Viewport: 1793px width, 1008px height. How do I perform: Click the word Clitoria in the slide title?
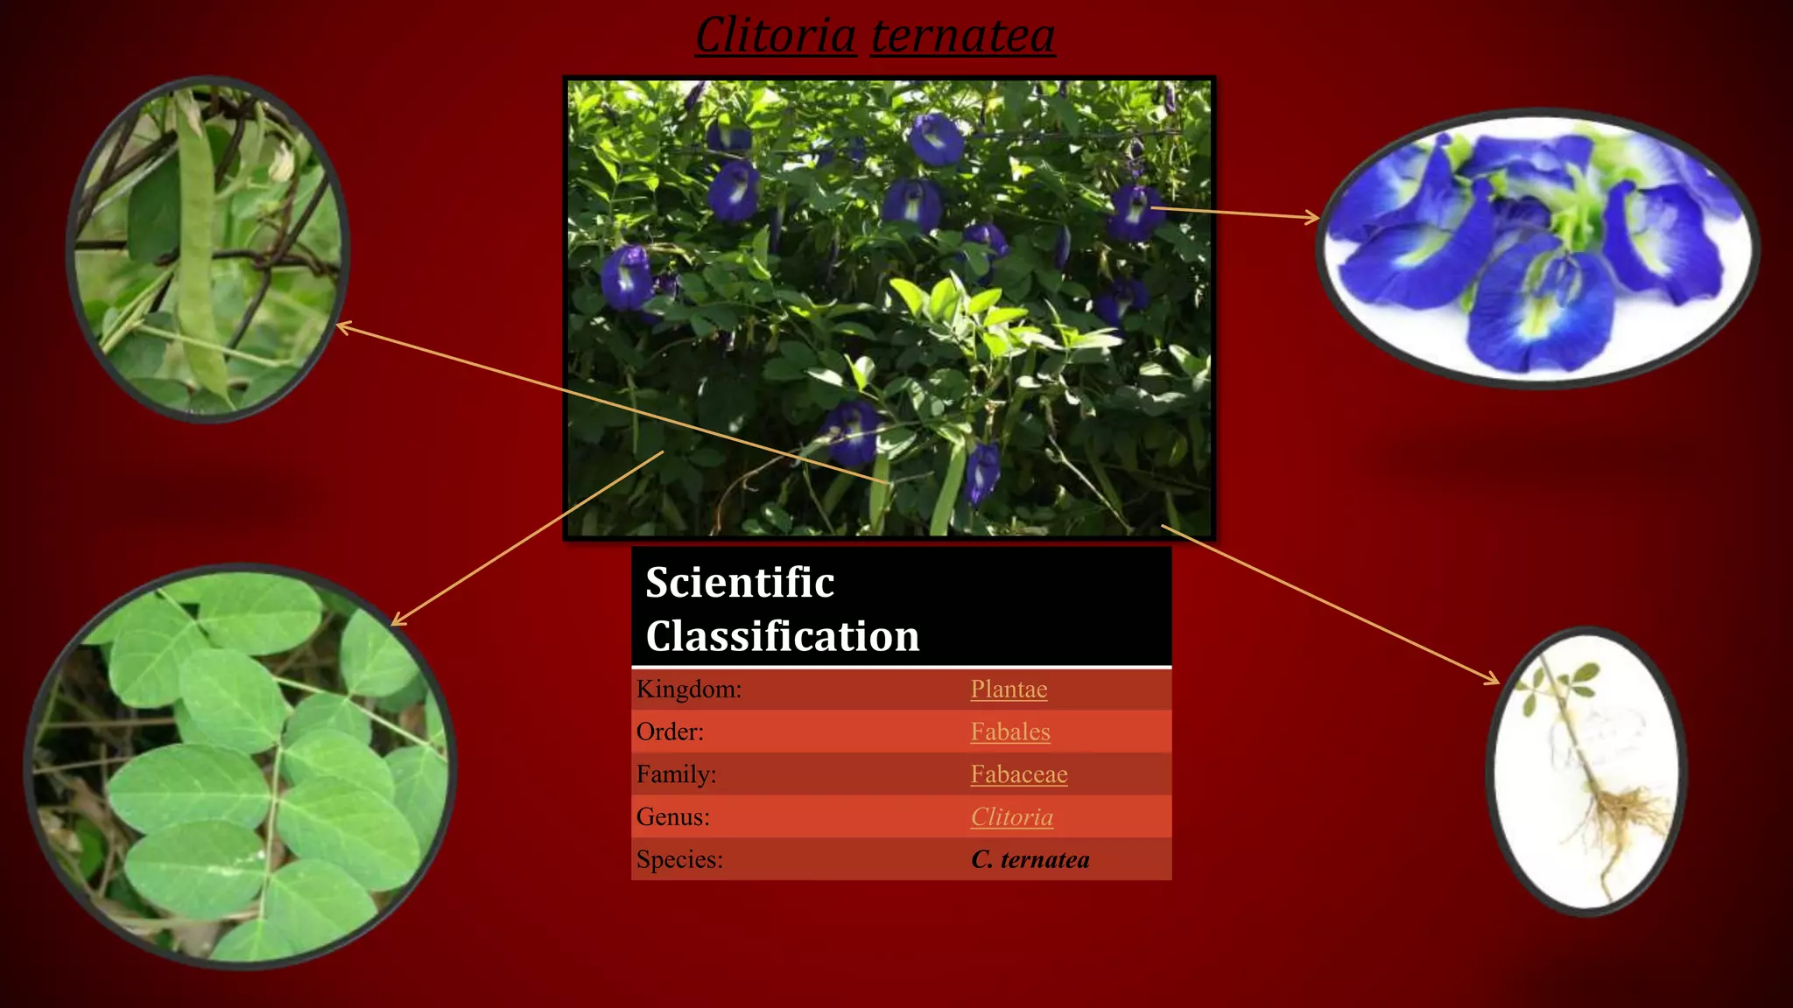(x=776, y=36)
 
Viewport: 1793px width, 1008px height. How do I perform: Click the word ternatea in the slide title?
(x=962, y=36)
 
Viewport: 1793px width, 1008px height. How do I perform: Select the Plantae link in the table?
(x=1009, y=689)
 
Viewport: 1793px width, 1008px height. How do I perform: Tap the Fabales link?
(x=1010, y=731)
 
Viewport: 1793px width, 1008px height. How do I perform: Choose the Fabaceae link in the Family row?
(x=1019, y=774)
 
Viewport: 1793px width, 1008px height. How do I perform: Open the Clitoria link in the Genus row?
(x=1012, y=817)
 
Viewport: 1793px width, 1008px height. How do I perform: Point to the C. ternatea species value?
(x=1030, y=859)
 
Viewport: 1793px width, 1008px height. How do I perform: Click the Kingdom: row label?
(x=689, y=689)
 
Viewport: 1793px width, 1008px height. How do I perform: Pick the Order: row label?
(x=670, y=731)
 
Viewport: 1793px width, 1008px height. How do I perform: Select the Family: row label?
(x=676, y=774)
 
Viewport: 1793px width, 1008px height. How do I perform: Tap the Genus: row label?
(x=673, y=817)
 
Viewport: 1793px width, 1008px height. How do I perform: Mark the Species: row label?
(x=679, y=859)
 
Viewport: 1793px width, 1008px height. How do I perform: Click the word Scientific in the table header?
(x=740, y=583)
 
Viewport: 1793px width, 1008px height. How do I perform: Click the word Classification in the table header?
(x=783, y=636)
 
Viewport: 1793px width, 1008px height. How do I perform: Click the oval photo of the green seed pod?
(x=208, y=249)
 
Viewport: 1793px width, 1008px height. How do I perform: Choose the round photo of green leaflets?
(x=241, y=766)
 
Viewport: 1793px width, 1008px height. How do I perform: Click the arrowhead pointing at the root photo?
(x=1493, y=680)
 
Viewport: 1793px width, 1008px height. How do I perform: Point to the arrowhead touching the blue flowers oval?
(x=1312, y=217)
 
